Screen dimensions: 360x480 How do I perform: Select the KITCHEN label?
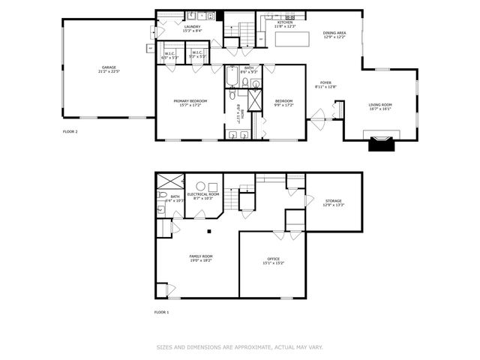click(x=285, y=22)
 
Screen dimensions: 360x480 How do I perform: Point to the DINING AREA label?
click(x=334, y=33)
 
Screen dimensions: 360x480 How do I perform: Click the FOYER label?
click(x=325, y=82)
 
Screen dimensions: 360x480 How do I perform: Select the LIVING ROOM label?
click(x=380, y=104)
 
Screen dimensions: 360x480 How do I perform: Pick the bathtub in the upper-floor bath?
click(x=232, y=78)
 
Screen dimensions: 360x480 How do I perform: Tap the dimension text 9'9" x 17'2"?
click(x=283, y=105)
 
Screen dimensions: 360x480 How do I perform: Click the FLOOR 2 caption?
click(x=70, y=131)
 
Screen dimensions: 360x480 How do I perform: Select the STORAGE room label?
click(x=333, y=201)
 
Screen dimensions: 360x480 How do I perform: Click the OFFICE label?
click(x=273, y=259)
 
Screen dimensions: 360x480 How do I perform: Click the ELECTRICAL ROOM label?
click(x=202, y=194)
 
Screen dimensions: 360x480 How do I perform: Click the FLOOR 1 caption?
click(x=161, y=311)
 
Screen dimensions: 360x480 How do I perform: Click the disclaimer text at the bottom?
click(x=239, y=346)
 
